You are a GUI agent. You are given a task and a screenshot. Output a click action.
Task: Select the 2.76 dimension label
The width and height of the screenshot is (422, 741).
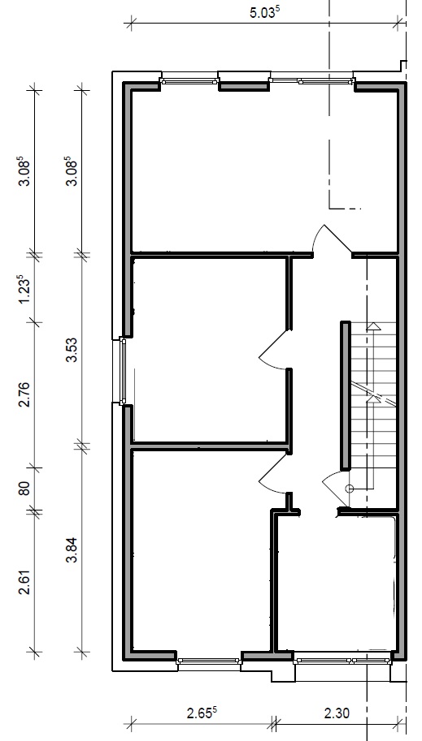[24, 394]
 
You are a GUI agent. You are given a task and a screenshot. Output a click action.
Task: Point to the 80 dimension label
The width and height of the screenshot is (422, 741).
[24, 488]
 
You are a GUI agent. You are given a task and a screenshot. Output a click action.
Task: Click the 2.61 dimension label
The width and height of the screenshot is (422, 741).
[24, 582]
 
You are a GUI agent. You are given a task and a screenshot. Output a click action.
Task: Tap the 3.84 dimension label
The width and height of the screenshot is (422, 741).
[72, 550]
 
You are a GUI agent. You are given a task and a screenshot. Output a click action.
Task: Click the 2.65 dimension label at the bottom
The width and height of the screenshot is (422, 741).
[202, 711]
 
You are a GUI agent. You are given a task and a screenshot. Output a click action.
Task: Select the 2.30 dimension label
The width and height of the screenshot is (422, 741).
[337, 712]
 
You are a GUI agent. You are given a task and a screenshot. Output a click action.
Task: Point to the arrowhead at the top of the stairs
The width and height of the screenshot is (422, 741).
[374, 325]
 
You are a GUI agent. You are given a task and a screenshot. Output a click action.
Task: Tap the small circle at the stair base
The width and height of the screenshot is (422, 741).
[349, 489]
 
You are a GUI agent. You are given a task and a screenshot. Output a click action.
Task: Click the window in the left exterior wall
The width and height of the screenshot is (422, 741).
[123, 371]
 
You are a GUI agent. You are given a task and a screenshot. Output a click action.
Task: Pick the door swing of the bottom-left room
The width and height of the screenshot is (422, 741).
[272, 473]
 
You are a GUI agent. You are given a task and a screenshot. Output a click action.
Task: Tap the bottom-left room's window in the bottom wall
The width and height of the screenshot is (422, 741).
[209, 661]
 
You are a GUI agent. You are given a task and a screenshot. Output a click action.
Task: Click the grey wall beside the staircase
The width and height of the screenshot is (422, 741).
[346, 396]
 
